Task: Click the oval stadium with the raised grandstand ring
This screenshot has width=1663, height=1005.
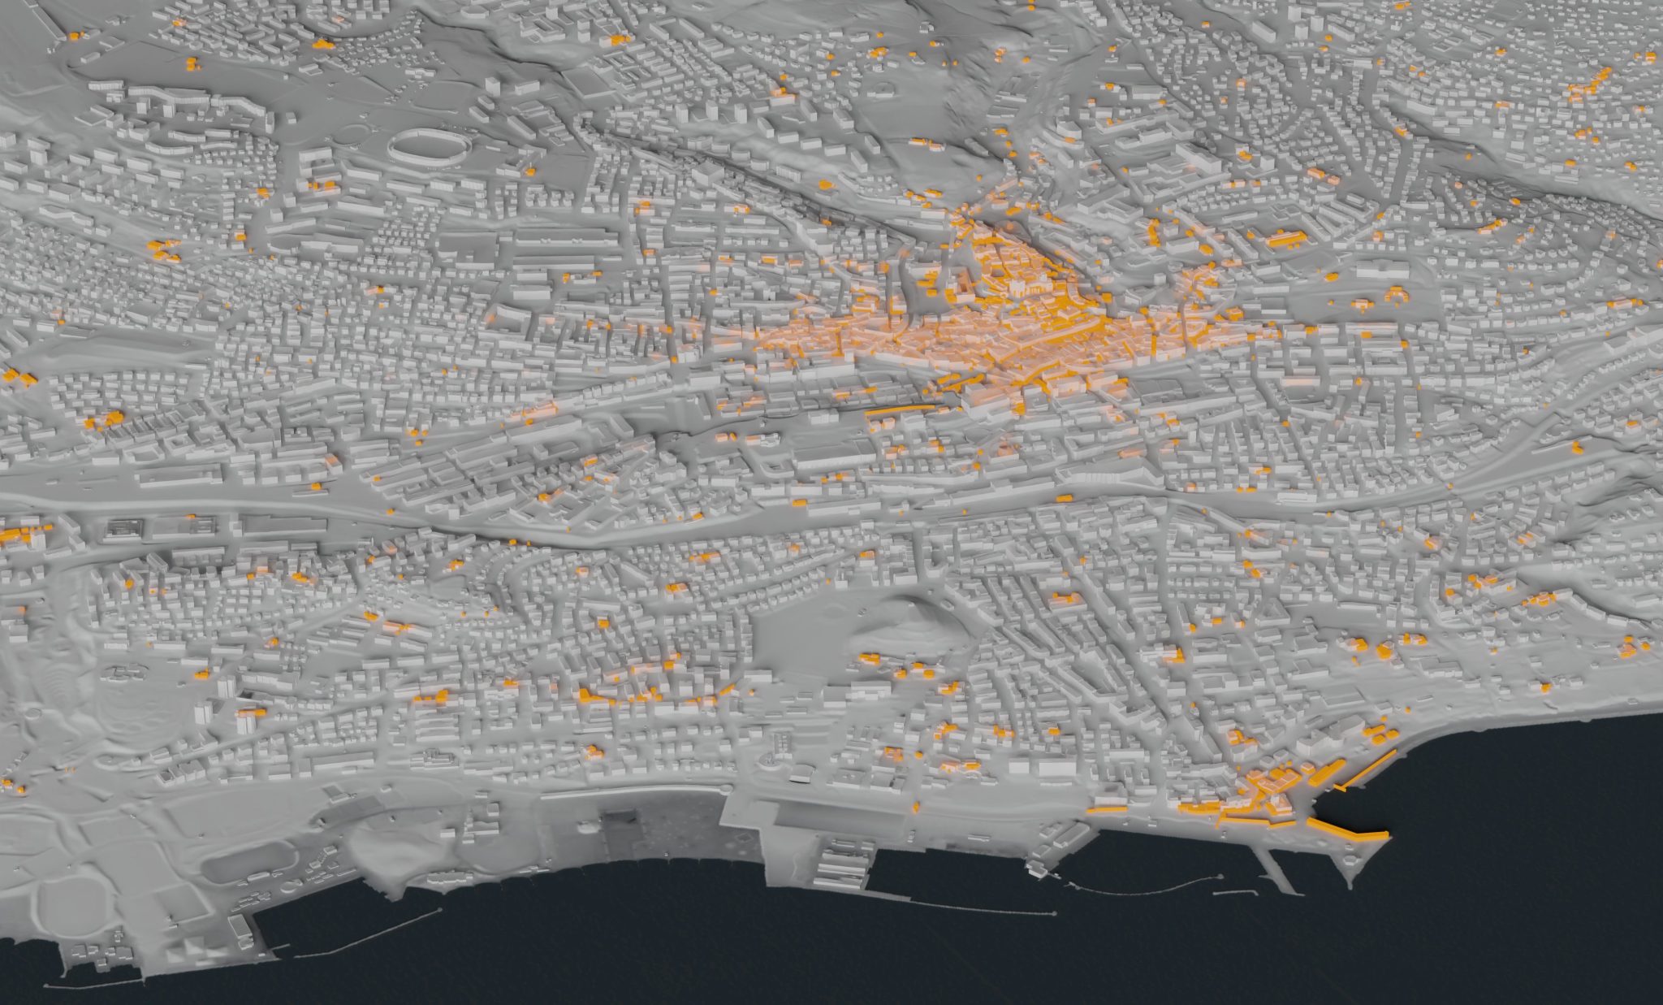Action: pyautogui.click(x=429, y=147)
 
